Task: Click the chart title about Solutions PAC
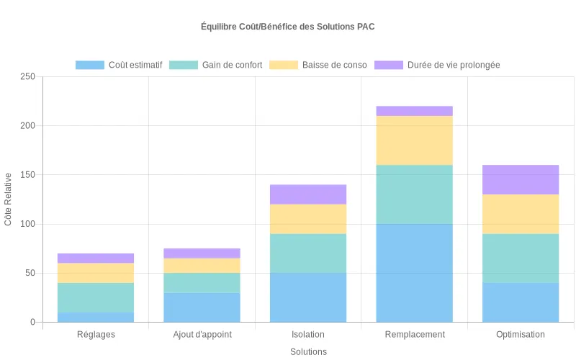pos(288,27)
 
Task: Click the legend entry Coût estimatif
pos(120,65)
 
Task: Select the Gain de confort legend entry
pos(216,65)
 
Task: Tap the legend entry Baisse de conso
pos(318,65)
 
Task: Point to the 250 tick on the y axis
pos(27,76)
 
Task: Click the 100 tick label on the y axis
pos(27,224)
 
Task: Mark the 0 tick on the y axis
pos(32,322)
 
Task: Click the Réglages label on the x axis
pos(96,335)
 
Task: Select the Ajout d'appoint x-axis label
pos(202,335)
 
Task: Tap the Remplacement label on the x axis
pos(415,335)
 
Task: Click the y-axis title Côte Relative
pos(9,199)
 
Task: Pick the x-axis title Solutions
pos(308,352)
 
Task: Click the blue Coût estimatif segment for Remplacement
pos(415,273)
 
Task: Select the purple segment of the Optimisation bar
pos(521,180)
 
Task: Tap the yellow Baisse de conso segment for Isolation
pos(308,219)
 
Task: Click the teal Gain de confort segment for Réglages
pos(96,297)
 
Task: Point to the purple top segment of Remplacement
pos(415,111)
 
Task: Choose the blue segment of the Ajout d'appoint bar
pos(202,307)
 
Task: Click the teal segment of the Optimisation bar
pos(521,258)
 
